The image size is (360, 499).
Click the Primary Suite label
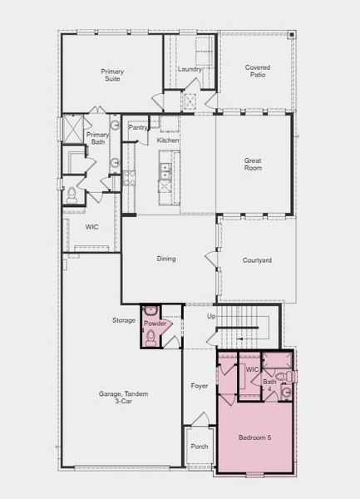coord(112,76)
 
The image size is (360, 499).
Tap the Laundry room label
coord(190,69)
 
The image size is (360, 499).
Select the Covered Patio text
coord(257,72)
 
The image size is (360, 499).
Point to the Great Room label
coord(253,164)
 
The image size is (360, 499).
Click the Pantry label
coord(137,127)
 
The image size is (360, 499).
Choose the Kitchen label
coord(168,141)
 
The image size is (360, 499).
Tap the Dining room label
coord(166,259)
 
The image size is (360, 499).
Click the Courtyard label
coord(257,260)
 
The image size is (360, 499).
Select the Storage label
coord(124,320)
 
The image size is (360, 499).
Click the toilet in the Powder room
coord(150,334)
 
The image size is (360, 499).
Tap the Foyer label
coord(199,386)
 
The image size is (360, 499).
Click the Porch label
coord(200,446)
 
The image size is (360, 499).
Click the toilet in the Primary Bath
coord(72,194)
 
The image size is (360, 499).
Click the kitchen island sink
coord(165,171)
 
